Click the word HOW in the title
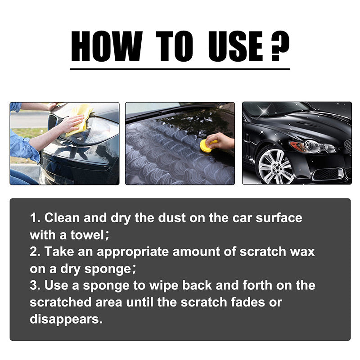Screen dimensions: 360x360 106,47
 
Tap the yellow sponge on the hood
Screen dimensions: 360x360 207,145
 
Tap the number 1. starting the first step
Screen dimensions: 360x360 36,218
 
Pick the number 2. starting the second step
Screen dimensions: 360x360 36,251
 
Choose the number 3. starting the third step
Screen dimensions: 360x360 36,285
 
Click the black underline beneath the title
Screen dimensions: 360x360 180,69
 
